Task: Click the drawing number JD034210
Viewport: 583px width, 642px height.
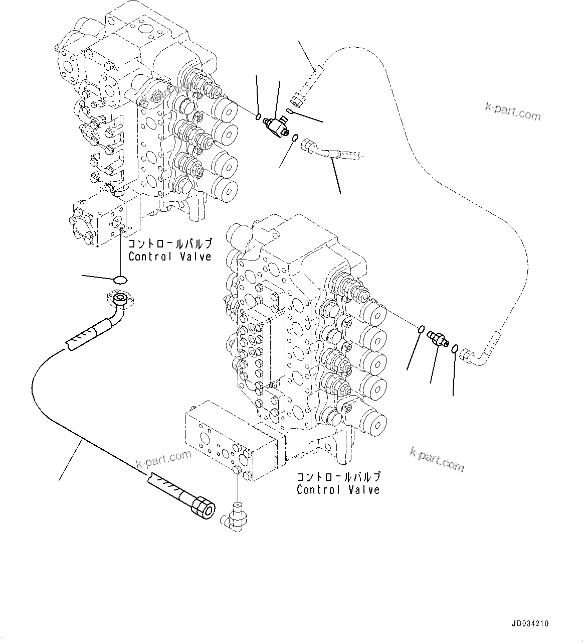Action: coord(530,624)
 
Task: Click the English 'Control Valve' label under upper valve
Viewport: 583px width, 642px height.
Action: coord(169,256)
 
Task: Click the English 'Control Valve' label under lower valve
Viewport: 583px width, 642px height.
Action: coord(338,489)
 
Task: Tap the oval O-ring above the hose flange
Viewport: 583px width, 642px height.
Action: coord(120,279)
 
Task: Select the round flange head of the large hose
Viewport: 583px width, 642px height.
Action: coord(121,300)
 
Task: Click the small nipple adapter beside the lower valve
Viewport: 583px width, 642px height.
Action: coord(437,340)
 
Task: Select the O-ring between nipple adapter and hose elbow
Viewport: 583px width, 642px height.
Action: coord(454,349)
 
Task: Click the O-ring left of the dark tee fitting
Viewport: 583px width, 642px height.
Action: coord(258,117)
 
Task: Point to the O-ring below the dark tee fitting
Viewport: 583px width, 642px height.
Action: coord(295,138)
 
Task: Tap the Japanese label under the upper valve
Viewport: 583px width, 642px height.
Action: coord(169,244)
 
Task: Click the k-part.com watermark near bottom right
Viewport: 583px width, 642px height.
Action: coord(437,459)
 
